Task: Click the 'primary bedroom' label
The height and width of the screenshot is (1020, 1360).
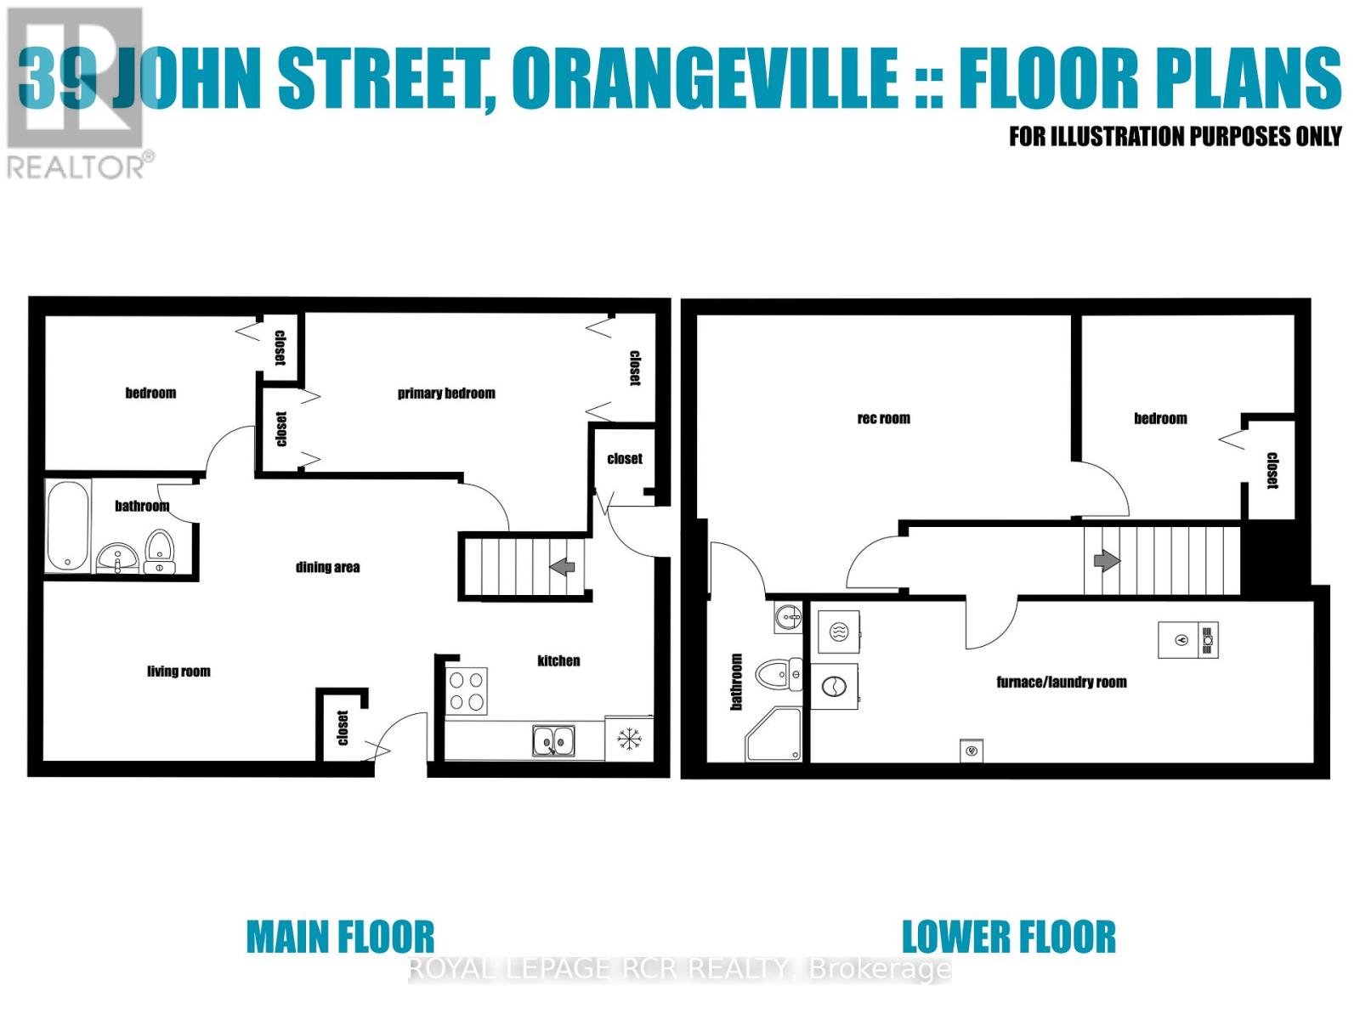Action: click(x=446, y=393)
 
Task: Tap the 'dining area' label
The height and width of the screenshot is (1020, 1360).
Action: click(x=327, y=567)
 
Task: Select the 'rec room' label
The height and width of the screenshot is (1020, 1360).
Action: click(x=883, y=418)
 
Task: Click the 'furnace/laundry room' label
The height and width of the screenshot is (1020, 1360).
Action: click(x=1062, y=682)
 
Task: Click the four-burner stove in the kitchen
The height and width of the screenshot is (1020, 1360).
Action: click(x=467, y=690)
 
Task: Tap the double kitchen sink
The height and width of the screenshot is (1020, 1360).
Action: click(x=553, y=740)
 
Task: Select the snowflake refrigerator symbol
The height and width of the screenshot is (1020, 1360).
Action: click(x=629, y=739)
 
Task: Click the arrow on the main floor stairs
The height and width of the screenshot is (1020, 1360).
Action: click(x=562, y=566)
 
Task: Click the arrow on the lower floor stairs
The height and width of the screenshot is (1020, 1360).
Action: click(x=1106, y=561)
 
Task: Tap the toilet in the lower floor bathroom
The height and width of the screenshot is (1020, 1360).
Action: click(x=779, y=675)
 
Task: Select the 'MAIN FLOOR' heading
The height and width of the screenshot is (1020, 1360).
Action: click(x=340, y=937)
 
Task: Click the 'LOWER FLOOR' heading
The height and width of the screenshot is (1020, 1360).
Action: click(x=1008, y=937)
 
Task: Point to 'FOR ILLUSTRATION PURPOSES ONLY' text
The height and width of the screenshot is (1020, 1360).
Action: click(x=1175, y=136)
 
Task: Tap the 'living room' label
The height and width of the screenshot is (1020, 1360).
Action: click(x=178, y=671)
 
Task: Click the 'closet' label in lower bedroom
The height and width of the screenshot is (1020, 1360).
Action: click(x=1272, y=470)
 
